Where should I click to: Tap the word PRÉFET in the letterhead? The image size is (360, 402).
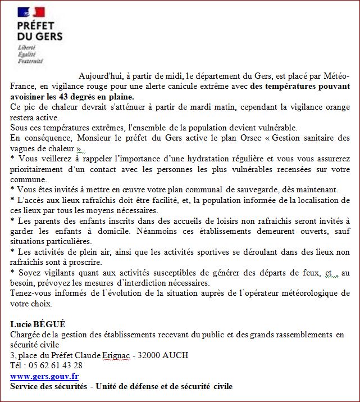coord(36,26)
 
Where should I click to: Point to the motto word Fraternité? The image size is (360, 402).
coord(30,61)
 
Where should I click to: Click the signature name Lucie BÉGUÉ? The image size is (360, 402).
coord(38,324)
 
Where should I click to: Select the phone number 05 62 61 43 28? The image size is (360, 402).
coord(54,365)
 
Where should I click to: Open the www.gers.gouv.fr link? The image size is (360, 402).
coord(44,376)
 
